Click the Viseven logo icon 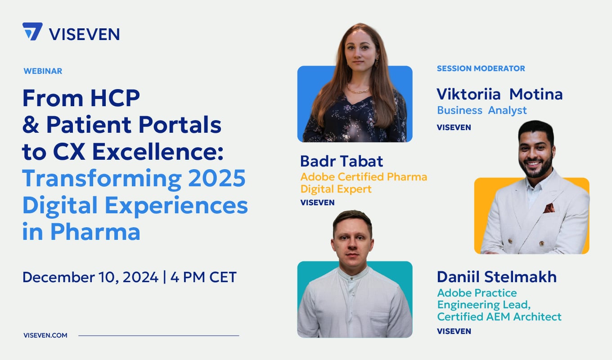(32, 32)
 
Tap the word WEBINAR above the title (43, 71)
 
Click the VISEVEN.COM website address (45, 335)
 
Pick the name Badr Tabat (342, 162)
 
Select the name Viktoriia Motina (499, 94)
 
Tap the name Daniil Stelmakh (497, 277)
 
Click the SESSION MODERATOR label (481, 68)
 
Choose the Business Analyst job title (481, 110)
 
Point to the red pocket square (549, 208)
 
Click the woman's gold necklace (358, 90)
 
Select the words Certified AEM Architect (499, 317)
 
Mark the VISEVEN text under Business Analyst (454, 127)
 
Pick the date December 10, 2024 (90, 277)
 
